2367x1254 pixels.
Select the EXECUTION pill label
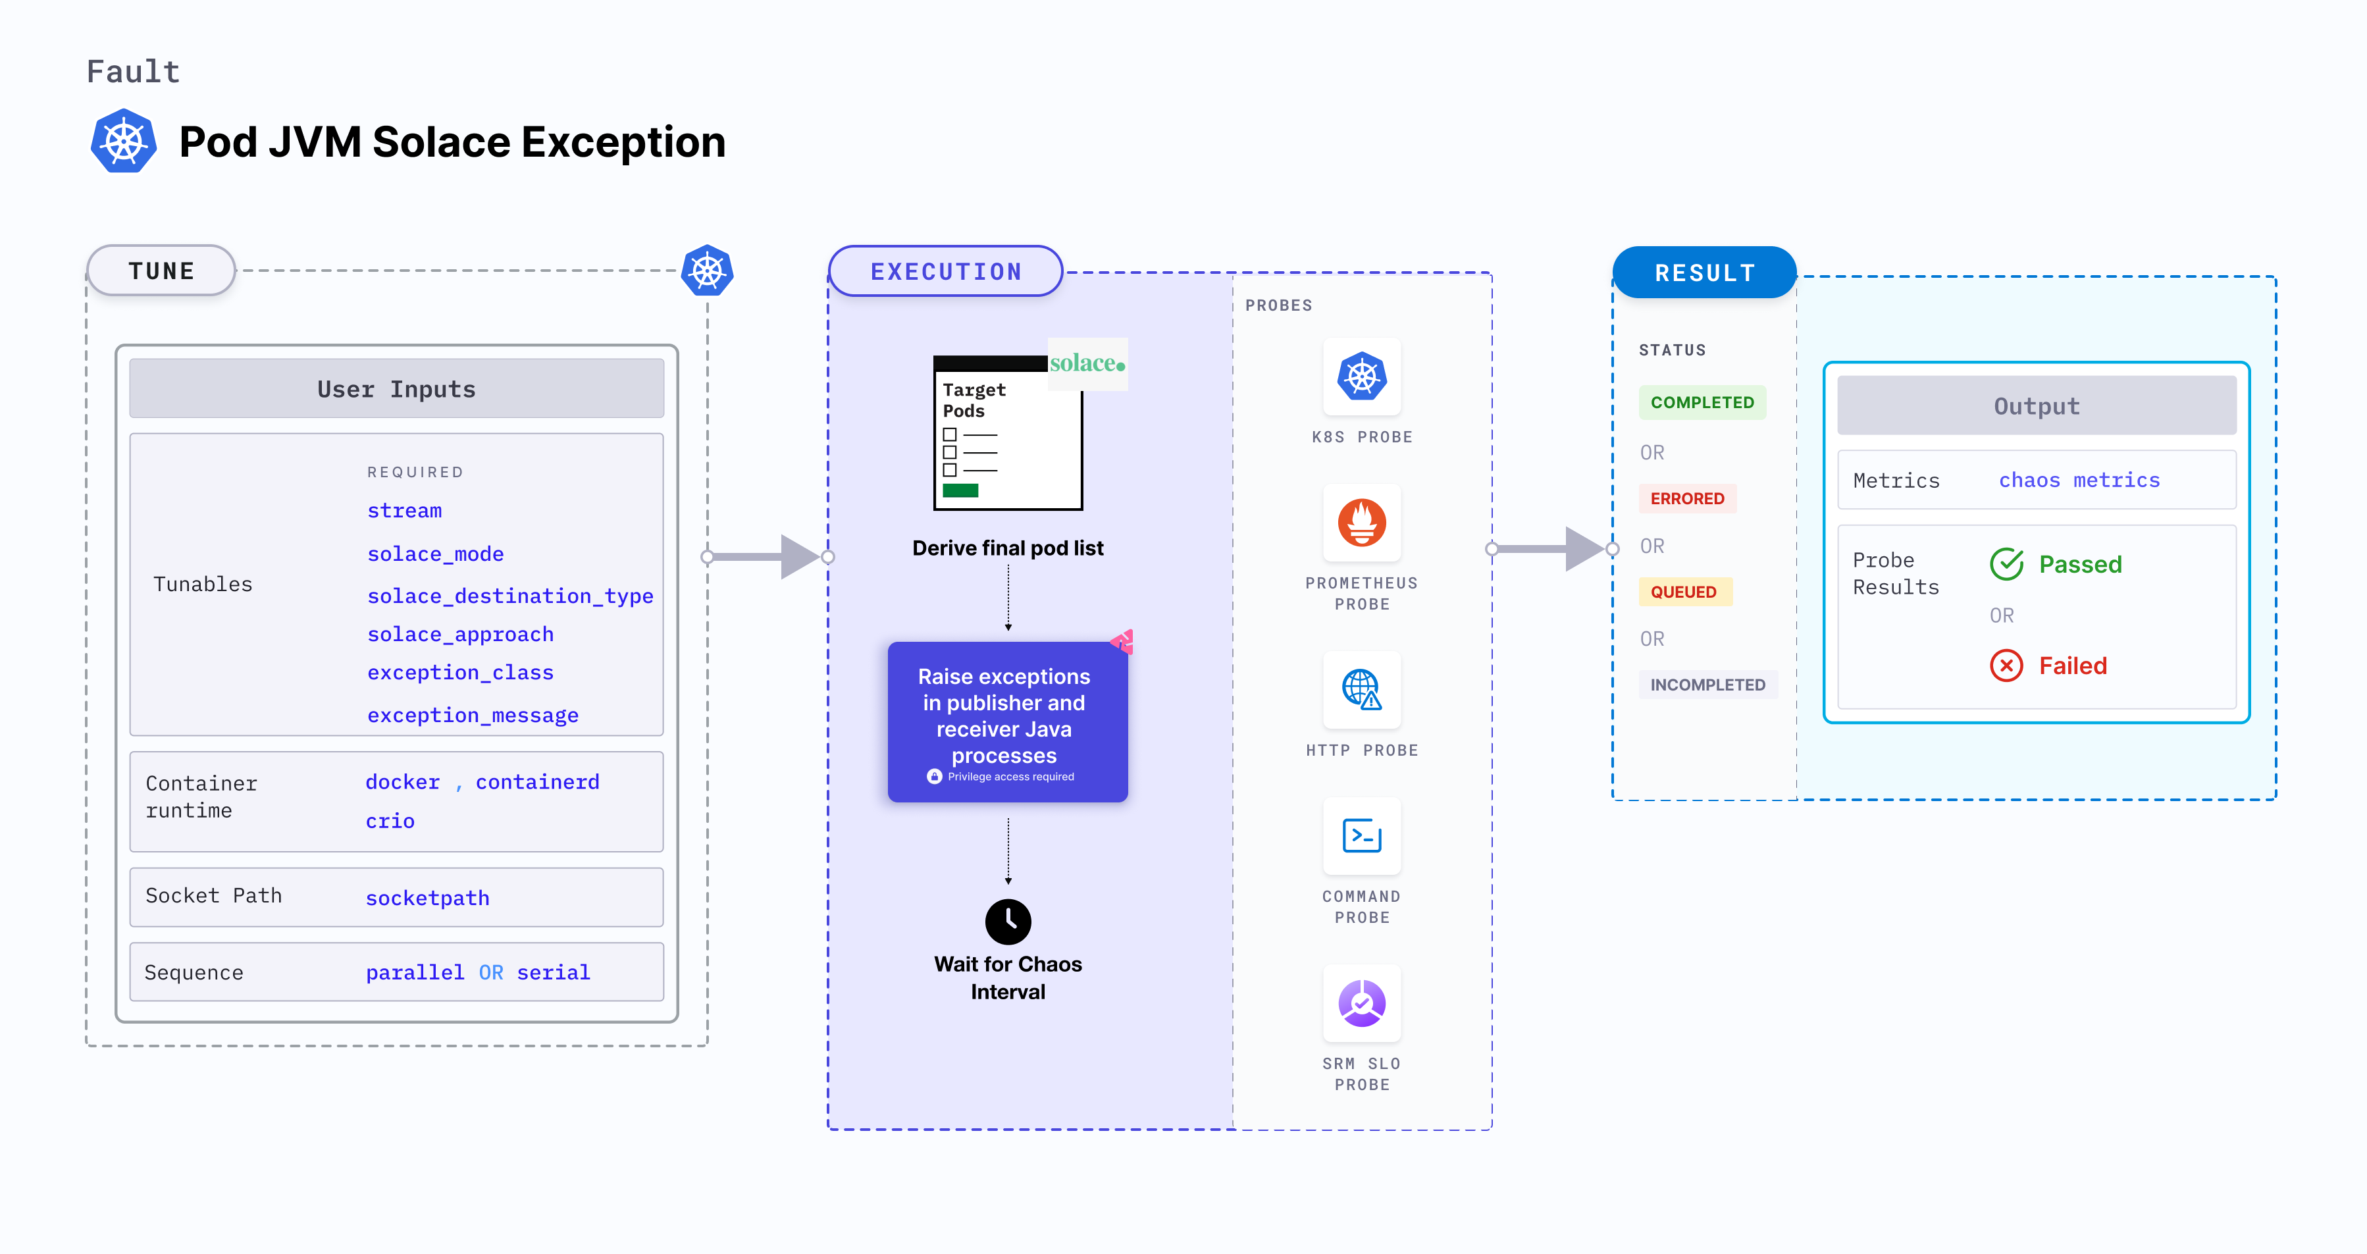coord(945,272)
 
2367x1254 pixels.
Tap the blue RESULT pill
coord(1705,273)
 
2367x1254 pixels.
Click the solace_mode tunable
coord(436,554)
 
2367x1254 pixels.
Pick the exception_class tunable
coord(460,673)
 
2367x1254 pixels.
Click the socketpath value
coord(427,898)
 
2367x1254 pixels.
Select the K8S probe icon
coord(1362,377)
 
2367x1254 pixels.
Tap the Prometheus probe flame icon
coord(1362,523)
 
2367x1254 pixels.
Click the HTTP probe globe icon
coord(1362,689)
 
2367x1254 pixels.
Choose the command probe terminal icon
coord(1362,836)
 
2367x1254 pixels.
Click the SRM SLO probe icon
coord(1362,1003)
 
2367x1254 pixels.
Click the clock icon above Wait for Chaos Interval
coord(1008,922)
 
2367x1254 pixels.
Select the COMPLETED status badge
coord(1702,402)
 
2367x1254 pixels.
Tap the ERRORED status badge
coord(1687,499)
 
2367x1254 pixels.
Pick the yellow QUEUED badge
coord(1683,592)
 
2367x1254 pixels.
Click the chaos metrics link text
coord(2079,481)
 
